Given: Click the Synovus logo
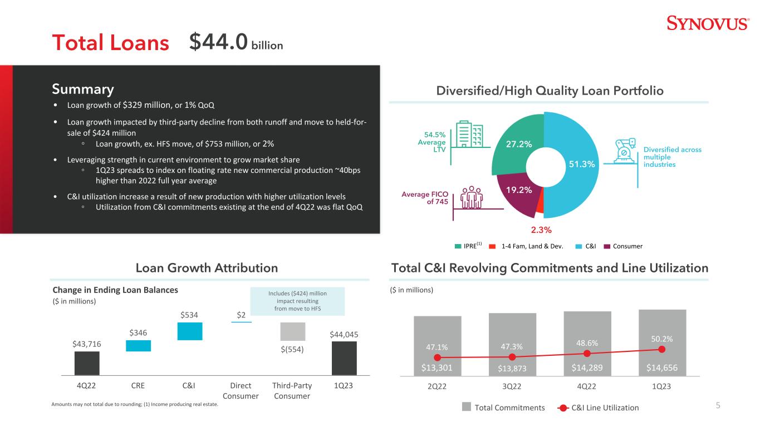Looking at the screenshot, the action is coord(708,23).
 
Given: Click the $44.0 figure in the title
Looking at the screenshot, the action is coord(218,42).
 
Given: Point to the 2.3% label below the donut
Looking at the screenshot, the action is coord(541,230).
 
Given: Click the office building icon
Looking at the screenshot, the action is coord(469,134).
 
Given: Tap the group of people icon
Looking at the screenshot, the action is coord(471,197).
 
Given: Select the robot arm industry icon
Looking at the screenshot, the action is coord(625,151).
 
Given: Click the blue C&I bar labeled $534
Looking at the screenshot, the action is coord(190,331).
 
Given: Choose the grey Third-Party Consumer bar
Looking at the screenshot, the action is coord(292,331).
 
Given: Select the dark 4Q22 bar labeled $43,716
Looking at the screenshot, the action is coord(87,363).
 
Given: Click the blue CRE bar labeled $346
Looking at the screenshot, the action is coord(138,346).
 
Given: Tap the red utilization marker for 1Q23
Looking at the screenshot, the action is coord(661,349).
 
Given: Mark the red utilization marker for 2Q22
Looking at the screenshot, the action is coord(437,358).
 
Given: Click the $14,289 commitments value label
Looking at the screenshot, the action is coord(587,368).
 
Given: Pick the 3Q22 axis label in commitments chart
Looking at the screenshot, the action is coord(512,386).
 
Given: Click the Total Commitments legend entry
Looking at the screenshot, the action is coord(503,408).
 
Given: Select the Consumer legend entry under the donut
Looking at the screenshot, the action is coord(623,246).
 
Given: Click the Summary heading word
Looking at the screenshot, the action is coord(83,89).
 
